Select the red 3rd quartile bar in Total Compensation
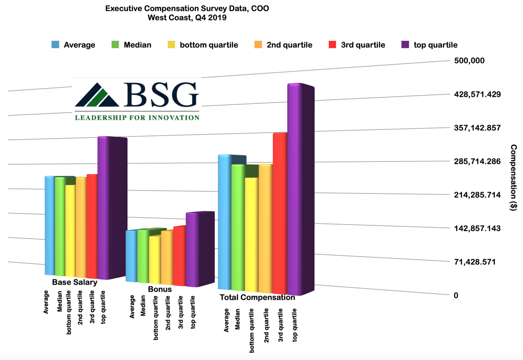pos(280,213)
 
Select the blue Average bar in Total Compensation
pos(224,223)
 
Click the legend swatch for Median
pos(115,45)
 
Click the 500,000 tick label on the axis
pos(469,61)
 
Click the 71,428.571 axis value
pos(476,262)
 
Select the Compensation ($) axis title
pos(513,178)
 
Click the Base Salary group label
pos(75,282)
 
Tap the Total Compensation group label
pos(257,297)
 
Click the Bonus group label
pos(160,289)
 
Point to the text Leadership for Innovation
pos(137,117)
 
